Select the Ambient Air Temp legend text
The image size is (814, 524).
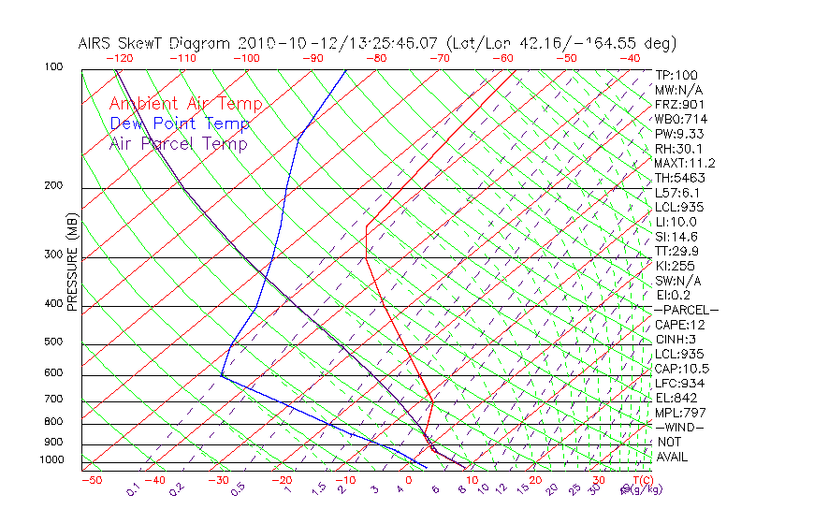coord(186,104)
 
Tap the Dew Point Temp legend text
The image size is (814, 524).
coord(180,124)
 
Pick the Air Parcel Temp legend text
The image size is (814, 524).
coord(179,143)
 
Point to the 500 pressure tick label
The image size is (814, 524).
coord(53,342)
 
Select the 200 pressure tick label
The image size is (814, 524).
coord(53,186)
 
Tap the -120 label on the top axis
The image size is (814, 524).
coord(118,58)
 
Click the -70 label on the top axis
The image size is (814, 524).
coord(439,58)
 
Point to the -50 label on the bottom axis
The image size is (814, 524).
coord(91,480)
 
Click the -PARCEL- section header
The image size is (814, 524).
coord(686,310)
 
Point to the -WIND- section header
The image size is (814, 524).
coord(679,427)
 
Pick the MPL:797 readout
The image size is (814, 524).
coord(679,413)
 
